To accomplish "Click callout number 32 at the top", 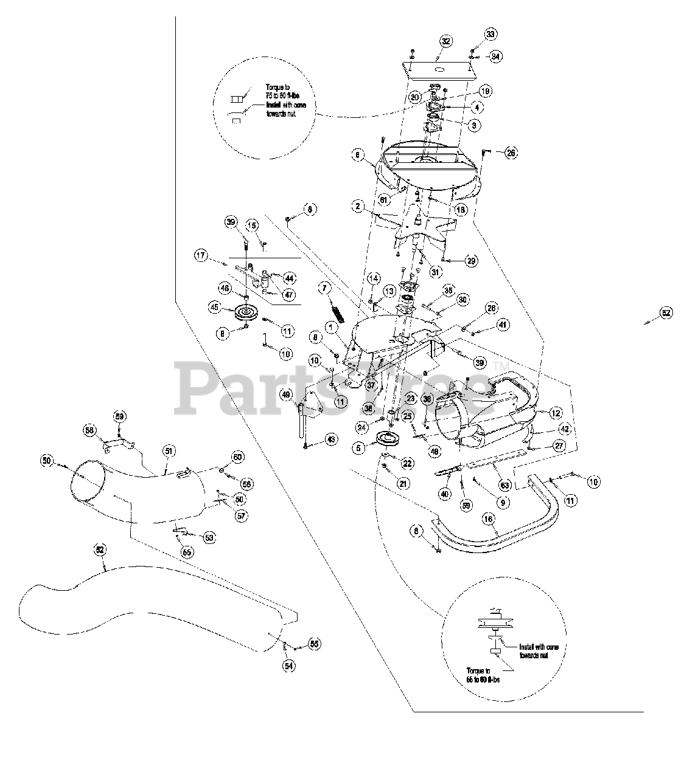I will pyautogui.click(x=446, y=41).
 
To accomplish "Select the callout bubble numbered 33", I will pyautogui.click(x=491, y=33).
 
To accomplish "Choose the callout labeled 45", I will pyautogui.click(x=215, y=308).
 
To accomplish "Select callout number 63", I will pyautogui.click(x=504, y=467).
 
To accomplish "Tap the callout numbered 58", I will pyautogui.click(x=90, y=430).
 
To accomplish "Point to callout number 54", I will pyautogui.click(x=287, y=666).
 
